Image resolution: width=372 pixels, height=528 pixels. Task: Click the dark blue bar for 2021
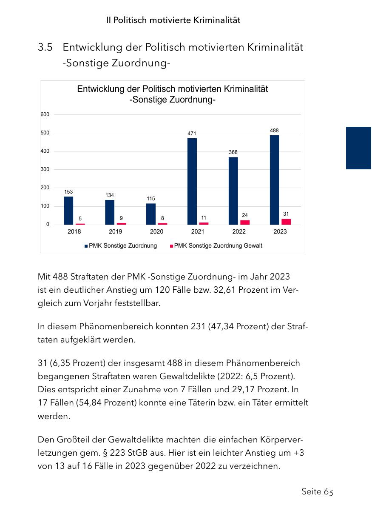click(192, 181)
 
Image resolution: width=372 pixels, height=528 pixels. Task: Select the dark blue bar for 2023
click(275, 180)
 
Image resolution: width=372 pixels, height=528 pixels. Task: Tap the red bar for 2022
click(245, 222)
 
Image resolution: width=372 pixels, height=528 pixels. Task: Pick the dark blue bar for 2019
click(110, 212)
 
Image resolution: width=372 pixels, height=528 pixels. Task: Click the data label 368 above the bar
click(233, 152)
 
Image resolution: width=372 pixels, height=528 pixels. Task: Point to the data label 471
click(192, 134)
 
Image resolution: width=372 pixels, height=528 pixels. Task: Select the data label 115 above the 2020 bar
click(151, 199)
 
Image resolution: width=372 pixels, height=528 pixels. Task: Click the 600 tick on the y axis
click(45, 114)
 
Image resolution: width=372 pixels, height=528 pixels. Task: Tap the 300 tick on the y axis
click(45, 169)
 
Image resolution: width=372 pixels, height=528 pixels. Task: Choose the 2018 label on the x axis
click(74, 231)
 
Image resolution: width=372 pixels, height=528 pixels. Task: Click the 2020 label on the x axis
click(156, 231)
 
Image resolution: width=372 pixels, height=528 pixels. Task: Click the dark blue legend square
click(86, 246)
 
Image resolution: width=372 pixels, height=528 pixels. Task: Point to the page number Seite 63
click(317, 491)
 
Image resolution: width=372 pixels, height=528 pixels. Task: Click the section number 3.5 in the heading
click(45, 47)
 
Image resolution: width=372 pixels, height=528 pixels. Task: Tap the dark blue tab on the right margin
click(358, 148)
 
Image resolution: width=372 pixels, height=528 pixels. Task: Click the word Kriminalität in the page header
click(216, 20)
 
